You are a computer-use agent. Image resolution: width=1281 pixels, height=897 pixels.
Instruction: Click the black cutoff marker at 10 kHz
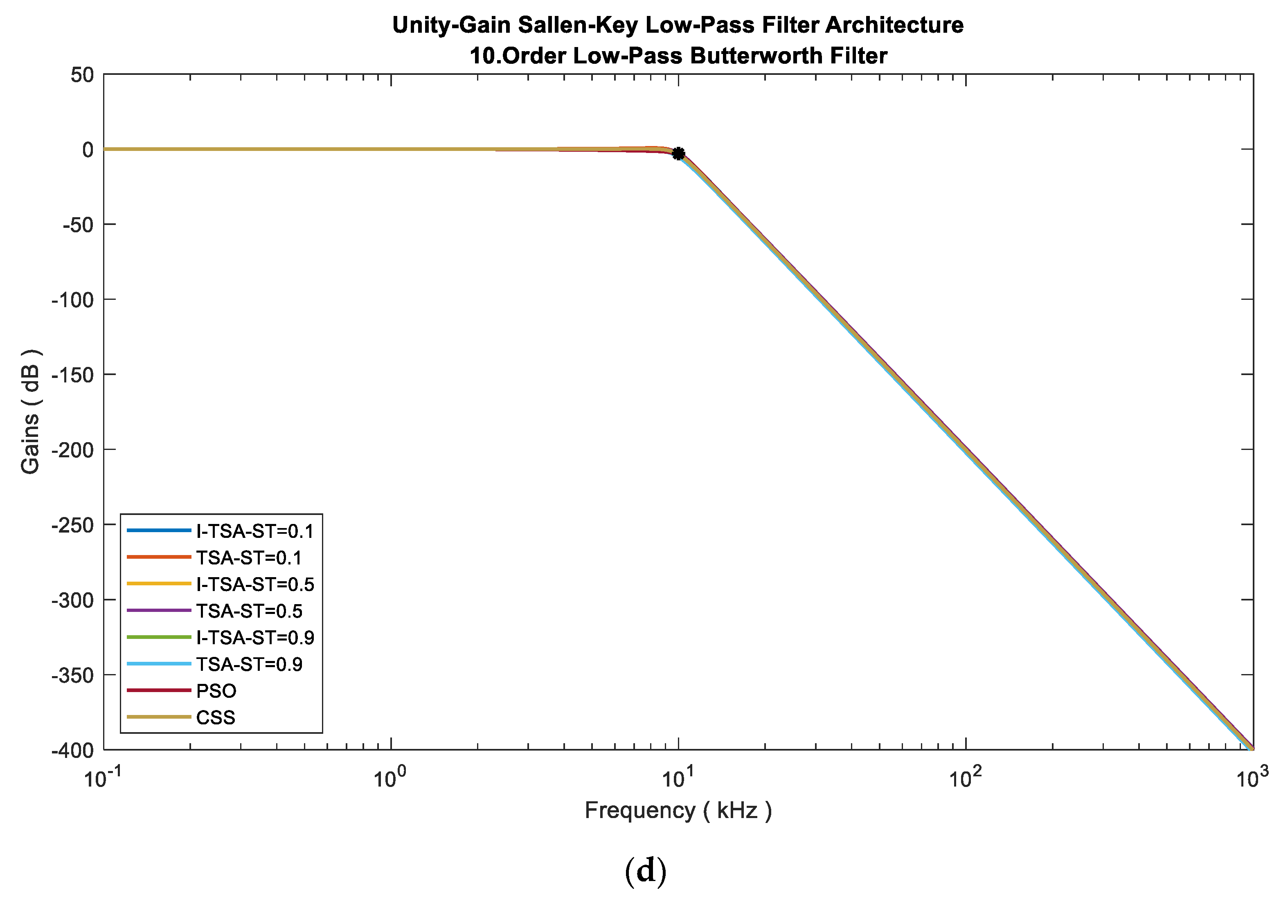(678, 153)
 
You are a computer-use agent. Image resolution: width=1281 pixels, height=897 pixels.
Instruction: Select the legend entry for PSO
(216, 690)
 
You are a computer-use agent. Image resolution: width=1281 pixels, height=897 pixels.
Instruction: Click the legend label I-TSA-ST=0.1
(254, 531)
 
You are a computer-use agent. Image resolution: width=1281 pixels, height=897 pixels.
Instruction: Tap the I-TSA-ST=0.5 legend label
(255, 584)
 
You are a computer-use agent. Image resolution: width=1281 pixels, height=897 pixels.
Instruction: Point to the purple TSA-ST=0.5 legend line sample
(159, 610)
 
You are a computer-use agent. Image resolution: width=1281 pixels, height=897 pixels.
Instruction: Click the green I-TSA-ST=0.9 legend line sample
(159, 637)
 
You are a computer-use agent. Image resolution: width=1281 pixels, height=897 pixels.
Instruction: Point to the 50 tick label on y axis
(82, 75)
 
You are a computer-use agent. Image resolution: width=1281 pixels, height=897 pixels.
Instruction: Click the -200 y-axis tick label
(73, 450)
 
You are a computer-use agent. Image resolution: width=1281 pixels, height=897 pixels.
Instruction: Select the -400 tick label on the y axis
(73, 750)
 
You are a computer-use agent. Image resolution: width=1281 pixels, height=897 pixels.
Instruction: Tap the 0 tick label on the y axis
(88, 150)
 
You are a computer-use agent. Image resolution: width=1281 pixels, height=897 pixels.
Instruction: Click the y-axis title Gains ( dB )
(30, 411)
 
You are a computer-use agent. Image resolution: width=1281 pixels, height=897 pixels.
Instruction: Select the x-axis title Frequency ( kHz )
(678, 810)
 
